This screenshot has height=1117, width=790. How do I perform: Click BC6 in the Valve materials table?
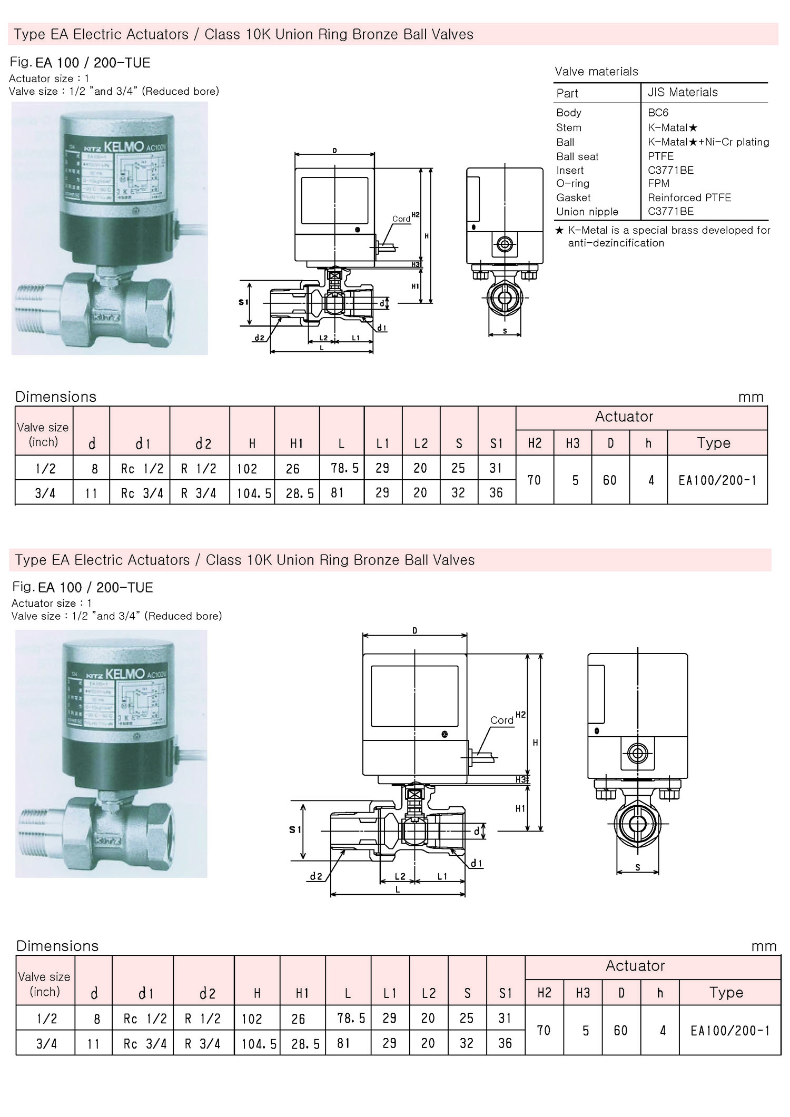(658, 113)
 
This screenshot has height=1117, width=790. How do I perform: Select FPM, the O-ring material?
(658, 183)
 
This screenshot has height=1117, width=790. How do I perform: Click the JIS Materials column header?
(683, 92)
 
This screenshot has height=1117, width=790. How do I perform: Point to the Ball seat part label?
(577, 156)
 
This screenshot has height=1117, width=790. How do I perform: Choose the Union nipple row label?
(587, 212)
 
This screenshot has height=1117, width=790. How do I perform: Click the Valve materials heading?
(596, 72)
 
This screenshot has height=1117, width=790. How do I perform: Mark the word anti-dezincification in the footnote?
(616, 243)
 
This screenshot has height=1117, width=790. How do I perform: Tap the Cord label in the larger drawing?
(501, 720)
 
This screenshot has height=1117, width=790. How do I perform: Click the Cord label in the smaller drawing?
(401, 219)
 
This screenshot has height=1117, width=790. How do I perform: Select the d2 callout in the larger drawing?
(316, 876)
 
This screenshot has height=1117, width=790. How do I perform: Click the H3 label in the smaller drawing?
(416, 264)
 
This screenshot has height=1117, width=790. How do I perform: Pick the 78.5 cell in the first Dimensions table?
(344, 468)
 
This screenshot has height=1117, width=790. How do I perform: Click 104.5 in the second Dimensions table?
(259, 1044)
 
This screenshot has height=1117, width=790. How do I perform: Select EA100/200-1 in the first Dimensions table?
(717, 480)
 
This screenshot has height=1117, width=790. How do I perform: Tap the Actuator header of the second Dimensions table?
(635, 965)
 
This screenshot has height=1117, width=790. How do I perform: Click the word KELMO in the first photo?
(124, 146)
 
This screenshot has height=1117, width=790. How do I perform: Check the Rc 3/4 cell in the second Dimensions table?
(145, 1044)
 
